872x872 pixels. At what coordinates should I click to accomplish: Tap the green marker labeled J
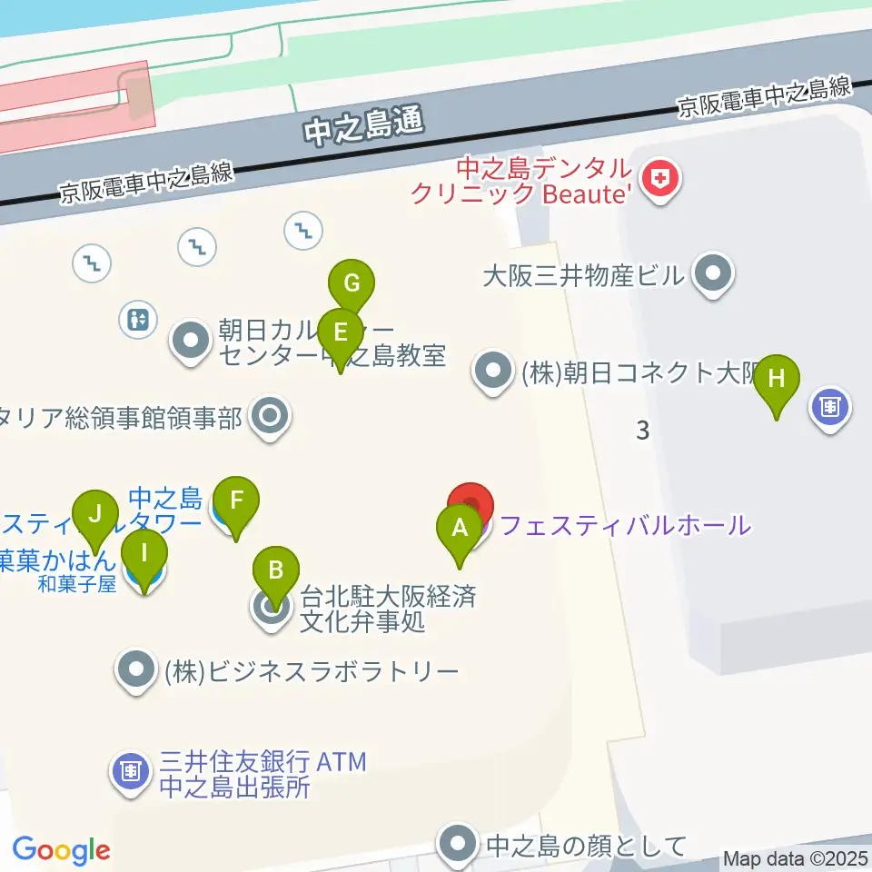(x=96, y=515)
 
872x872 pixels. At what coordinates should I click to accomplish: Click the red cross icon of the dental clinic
(x=660, y=179)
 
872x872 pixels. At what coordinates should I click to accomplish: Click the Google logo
(x=61, y=850)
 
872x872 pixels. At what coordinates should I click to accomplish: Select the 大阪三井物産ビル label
(x=582, y=275)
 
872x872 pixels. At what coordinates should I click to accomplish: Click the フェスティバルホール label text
(x=625, y=525)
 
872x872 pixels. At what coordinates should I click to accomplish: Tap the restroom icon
(x=139, y=319)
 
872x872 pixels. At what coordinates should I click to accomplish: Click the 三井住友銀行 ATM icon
(x=131, y=773)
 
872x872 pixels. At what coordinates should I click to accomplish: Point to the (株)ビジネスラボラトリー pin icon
(x=137, y=672)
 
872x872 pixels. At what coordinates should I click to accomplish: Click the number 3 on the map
(x=643, y=431)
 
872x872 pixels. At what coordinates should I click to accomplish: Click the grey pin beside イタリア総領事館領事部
(x=271, y=418)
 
